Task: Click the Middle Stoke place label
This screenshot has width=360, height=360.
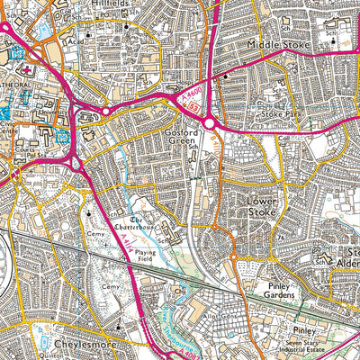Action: [x=278, y=44]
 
